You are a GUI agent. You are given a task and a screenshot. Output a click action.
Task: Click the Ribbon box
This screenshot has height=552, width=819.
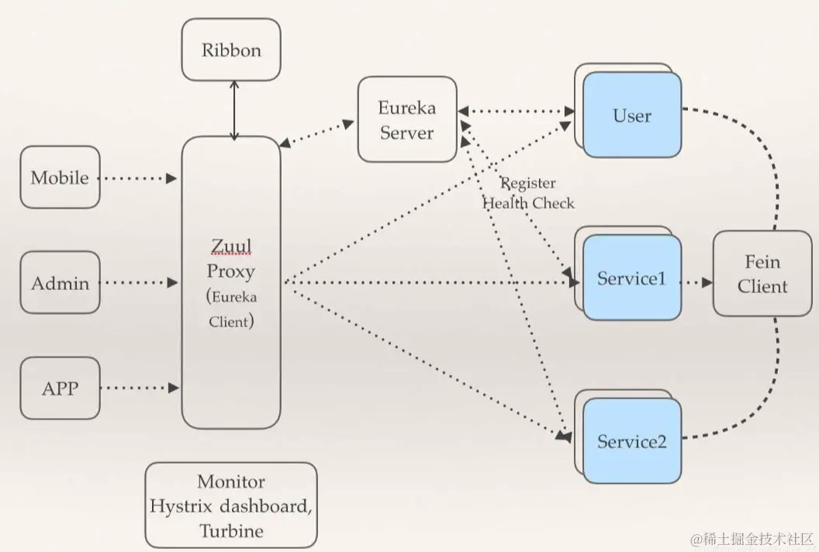231,50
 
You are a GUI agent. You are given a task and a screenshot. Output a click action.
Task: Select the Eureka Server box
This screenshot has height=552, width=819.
406,119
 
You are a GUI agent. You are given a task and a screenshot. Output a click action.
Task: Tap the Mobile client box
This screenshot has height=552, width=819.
60,178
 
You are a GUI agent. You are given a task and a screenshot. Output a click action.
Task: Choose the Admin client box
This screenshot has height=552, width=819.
60,283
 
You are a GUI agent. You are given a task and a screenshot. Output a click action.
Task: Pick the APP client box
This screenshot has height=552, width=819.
60,388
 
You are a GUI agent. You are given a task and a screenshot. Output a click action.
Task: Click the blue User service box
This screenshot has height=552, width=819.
631,116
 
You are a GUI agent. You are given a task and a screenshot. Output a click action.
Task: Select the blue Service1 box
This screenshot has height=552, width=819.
631,278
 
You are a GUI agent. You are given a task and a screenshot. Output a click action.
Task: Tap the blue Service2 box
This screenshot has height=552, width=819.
631,442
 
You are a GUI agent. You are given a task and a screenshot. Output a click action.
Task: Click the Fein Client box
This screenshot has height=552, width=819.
762,274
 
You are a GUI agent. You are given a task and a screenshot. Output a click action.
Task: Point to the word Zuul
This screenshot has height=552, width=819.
230,247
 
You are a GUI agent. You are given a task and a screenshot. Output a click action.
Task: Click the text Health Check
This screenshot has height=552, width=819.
529,203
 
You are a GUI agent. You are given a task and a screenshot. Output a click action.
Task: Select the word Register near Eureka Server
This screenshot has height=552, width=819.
528,183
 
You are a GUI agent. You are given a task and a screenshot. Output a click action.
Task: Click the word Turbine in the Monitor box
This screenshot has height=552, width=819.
231,531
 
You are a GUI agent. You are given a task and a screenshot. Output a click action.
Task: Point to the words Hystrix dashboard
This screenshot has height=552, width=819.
230,506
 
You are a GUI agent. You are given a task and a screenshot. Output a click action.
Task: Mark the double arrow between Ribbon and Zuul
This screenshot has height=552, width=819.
234,110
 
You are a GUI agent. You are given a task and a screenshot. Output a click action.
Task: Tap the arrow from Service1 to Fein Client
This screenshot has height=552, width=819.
696,283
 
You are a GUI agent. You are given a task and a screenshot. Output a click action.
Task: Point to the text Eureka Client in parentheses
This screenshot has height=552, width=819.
230,309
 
